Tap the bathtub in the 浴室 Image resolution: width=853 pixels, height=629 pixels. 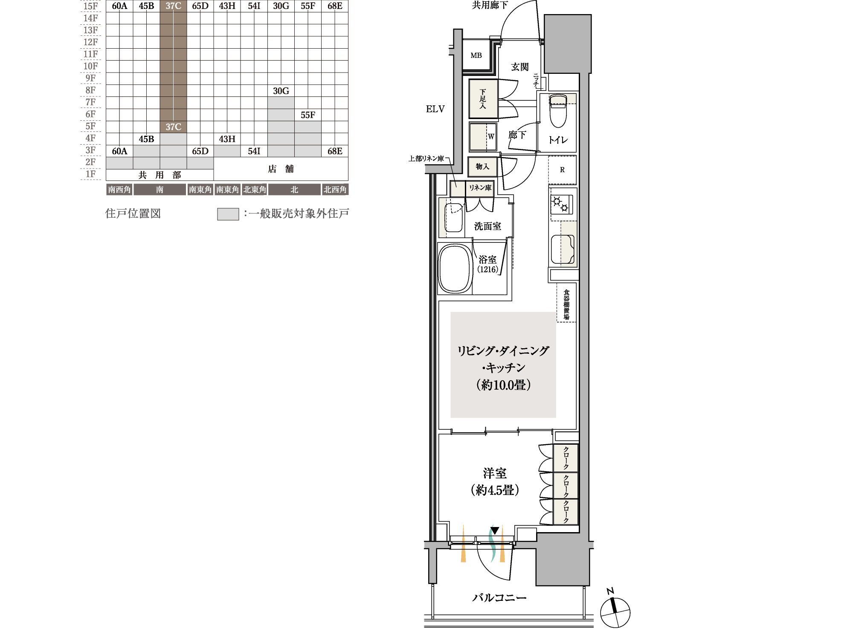coord(456,268)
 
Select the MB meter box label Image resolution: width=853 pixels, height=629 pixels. coord(476,55)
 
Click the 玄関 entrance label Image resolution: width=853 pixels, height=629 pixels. coord(519,67)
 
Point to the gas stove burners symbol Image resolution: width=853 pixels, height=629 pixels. coord(560,204)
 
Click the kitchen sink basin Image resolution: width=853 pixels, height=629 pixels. coord(563,250)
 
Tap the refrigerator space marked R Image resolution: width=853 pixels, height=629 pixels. coord(562,170)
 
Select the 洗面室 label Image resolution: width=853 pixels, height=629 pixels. coord(487,226)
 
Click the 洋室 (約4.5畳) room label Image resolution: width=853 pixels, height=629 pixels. coord(495,481)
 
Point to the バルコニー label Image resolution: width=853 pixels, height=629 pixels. coord(499,598)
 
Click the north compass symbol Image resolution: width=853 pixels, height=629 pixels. coord(615,610)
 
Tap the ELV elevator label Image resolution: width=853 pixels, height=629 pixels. coord(435,109)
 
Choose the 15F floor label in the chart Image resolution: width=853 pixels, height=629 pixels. coord(90,6)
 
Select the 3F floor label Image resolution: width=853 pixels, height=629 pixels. coord(90,150)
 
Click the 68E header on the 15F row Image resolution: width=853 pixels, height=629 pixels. coord(335,6)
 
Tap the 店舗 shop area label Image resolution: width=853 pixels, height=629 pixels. coord(281,169)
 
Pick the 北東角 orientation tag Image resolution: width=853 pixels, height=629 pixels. coord(255,189)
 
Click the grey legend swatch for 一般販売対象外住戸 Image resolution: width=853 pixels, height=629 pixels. coord(228,214)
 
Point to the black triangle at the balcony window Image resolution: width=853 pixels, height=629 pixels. coord(494,530)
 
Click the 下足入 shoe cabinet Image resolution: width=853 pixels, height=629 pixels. coord(483,99)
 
